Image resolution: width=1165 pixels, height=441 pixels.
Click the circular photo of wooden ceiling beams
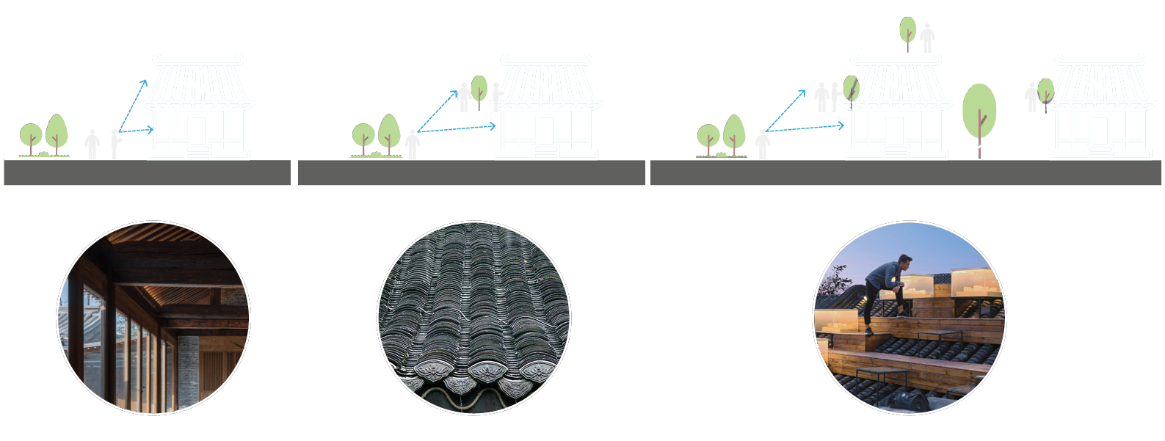[153, 318]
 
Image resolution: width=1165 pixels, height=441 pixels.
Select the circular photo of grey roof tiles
[473, 318]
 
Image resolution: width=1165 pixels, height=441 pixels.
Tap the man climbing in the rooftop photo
[885, 290]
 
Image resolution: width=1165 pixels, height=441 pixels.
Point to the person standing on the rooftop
[927, 37]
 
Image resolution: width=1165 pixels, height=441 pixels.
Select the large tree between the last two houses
[979, 114]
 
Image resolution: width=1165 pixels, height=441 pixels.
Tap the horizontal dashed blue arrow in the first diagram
[136, 131]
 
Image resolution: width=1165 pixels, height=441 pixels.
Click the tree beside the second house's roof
[479, 90]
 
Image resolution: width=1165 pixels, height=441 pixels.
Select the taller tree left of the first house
[57, 133]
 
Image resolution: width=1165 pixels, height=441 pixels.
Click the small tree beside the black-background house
[1045, 93]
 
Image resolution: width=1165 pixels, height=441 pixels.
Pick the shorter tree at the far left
[31, 137]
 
